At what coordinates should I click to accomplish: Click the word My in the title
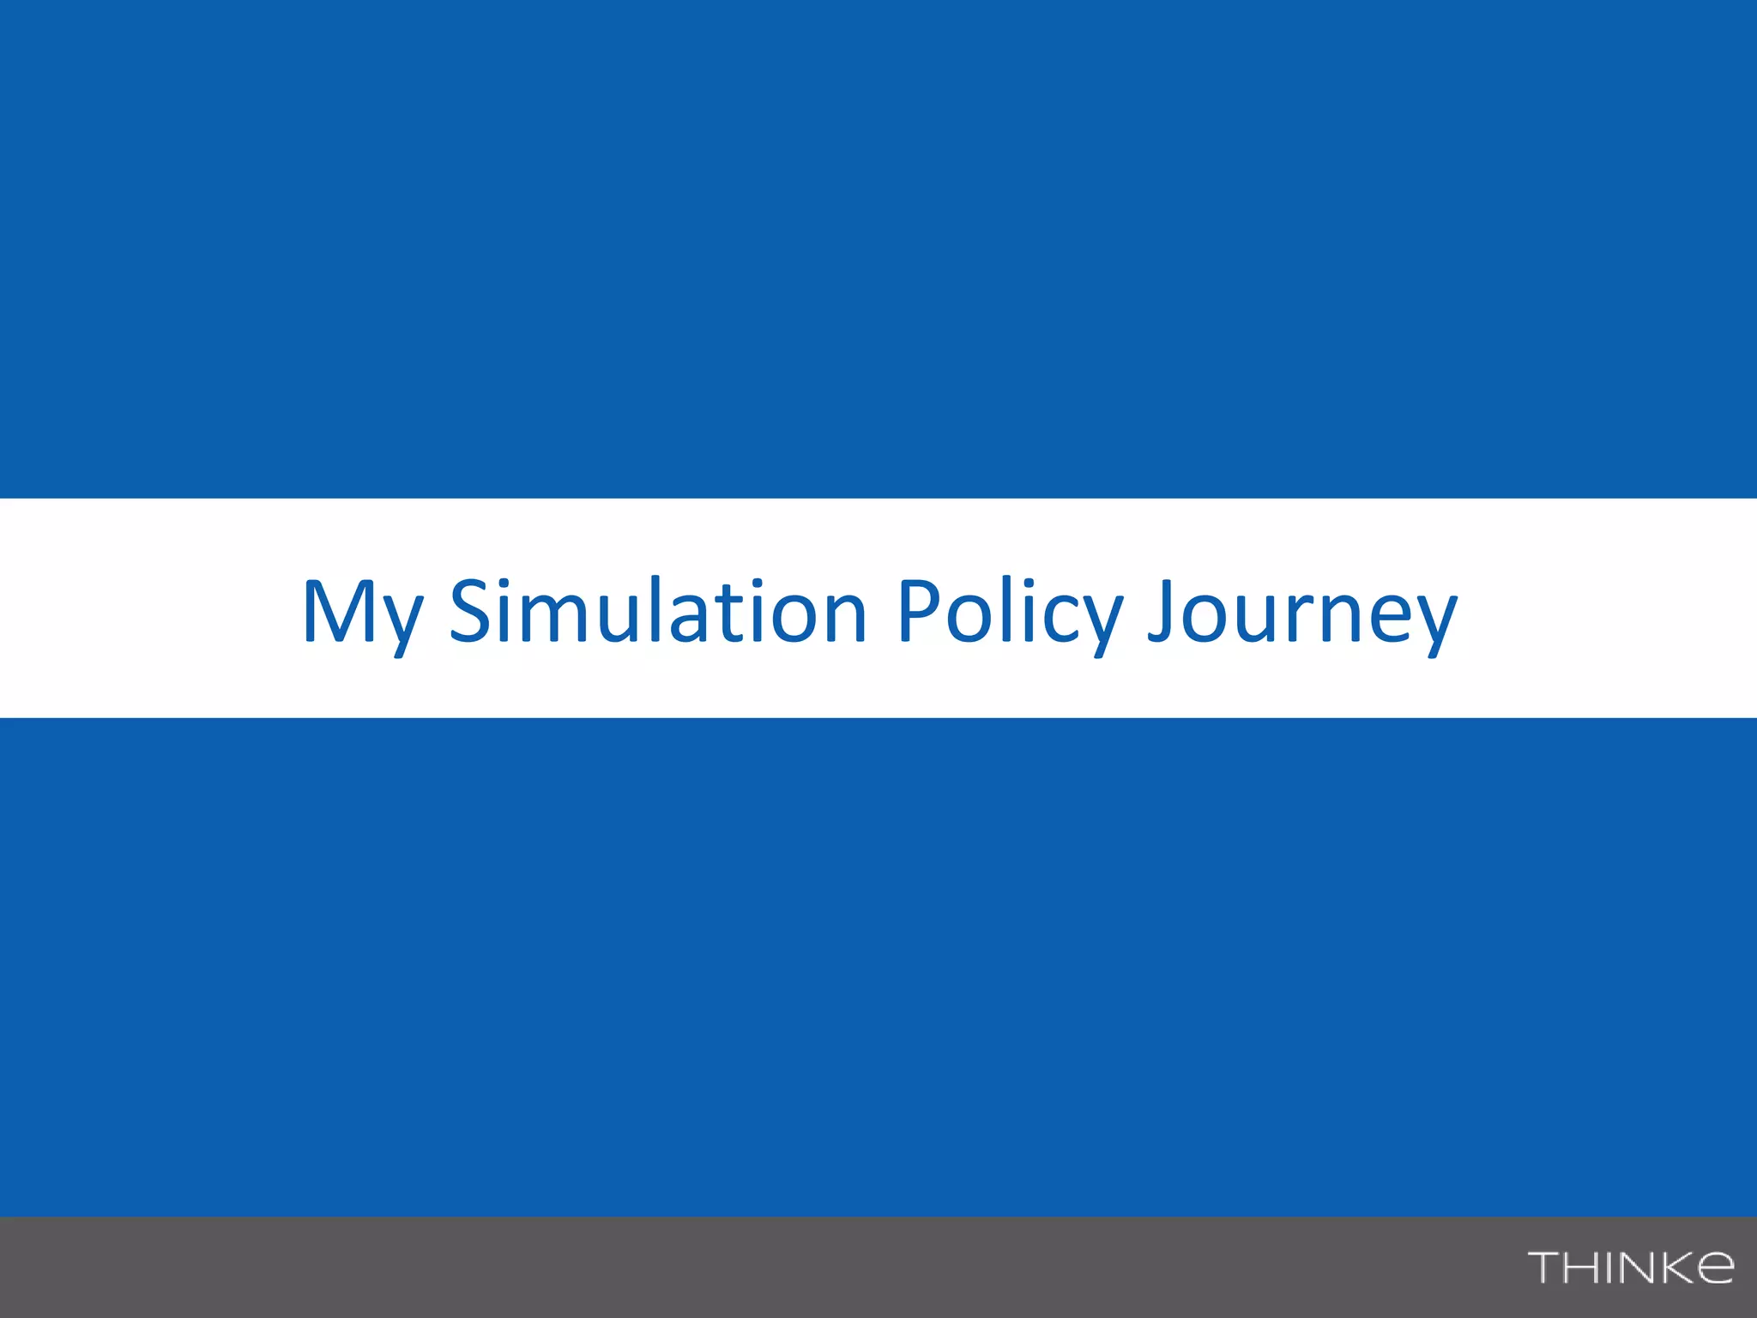tap(362, 612)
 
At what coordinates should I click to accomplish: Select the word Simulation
tap(657, 610)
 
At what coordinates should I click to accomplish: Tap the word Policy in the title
tap(1009, 612)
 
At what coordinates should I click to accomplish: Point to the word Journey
tap(1302, 612)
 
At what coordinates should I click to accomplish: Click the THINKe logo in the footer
tap(1630, 1267)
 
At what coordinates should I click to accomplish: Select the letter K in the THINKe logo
tap(1674, 1267)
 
